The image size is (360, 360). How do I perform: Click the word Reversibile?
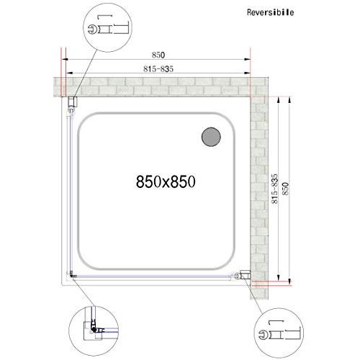[270, 12]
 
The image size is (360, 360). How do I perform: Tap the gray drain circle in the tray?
[211, 137]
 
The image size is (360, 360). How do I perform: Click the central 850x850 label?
[166, 181]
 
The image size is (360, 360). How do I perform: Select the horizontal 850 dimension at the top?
[158, 55]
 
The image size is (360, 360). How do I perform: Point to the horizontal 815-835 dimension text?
[158, 69]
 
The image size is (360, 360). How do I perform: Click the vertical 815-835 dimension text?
[274, 189]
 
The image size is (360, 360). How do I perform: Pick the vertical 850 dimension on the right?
[286, 189]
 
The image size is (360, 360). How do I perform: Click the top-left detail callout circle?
[107, 27]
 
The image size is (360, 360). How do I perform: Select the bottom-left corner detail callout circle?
[94, 331]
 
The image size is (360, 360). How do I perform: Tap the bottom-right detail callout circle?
[279, 333]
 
